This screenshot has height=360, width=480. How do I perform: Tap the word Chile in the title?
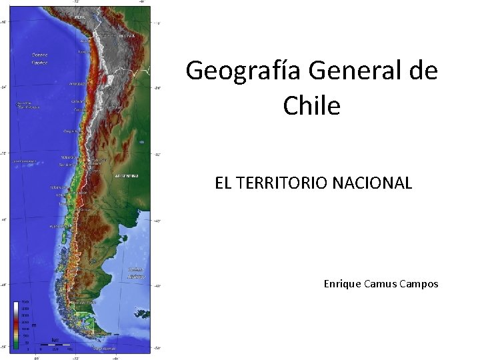point(311,105)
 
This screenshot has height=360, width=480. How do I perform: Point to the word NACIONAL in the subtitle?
point(381,183)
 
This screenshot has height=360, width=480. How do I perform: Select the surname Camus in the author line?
point(381,284)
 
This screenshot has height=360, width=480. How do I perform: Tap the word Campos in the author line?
point(419,284)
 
